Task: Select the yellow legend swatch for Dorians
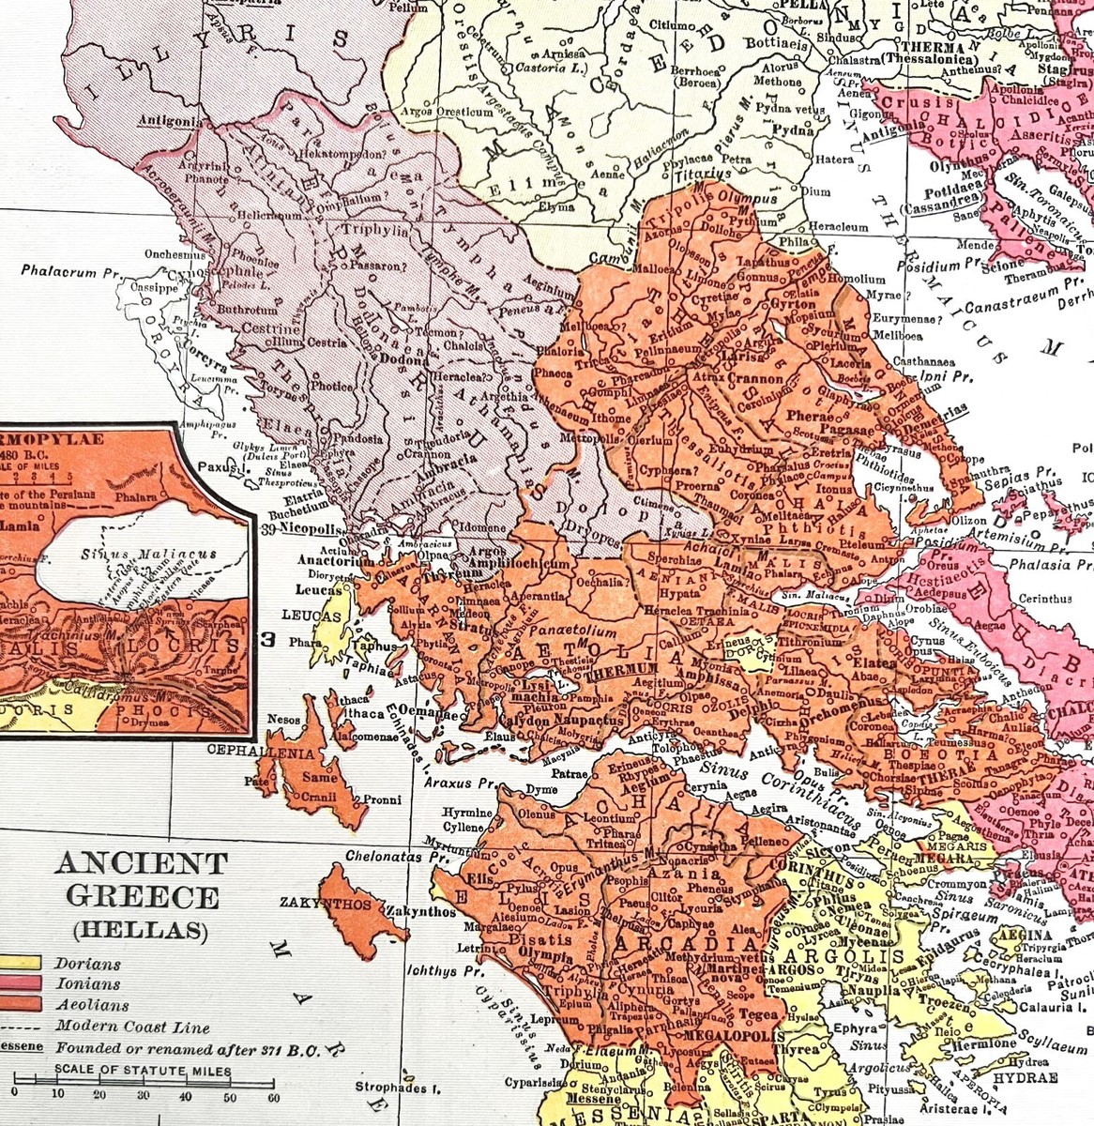click(19, 964)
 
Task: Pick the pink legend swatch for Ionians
click(19, 983)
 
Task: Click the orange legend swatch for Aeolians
click(19, 1004)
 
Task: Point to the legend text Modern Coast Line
click(131, 1027)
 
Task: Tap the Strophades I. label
click(398, 1088)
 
